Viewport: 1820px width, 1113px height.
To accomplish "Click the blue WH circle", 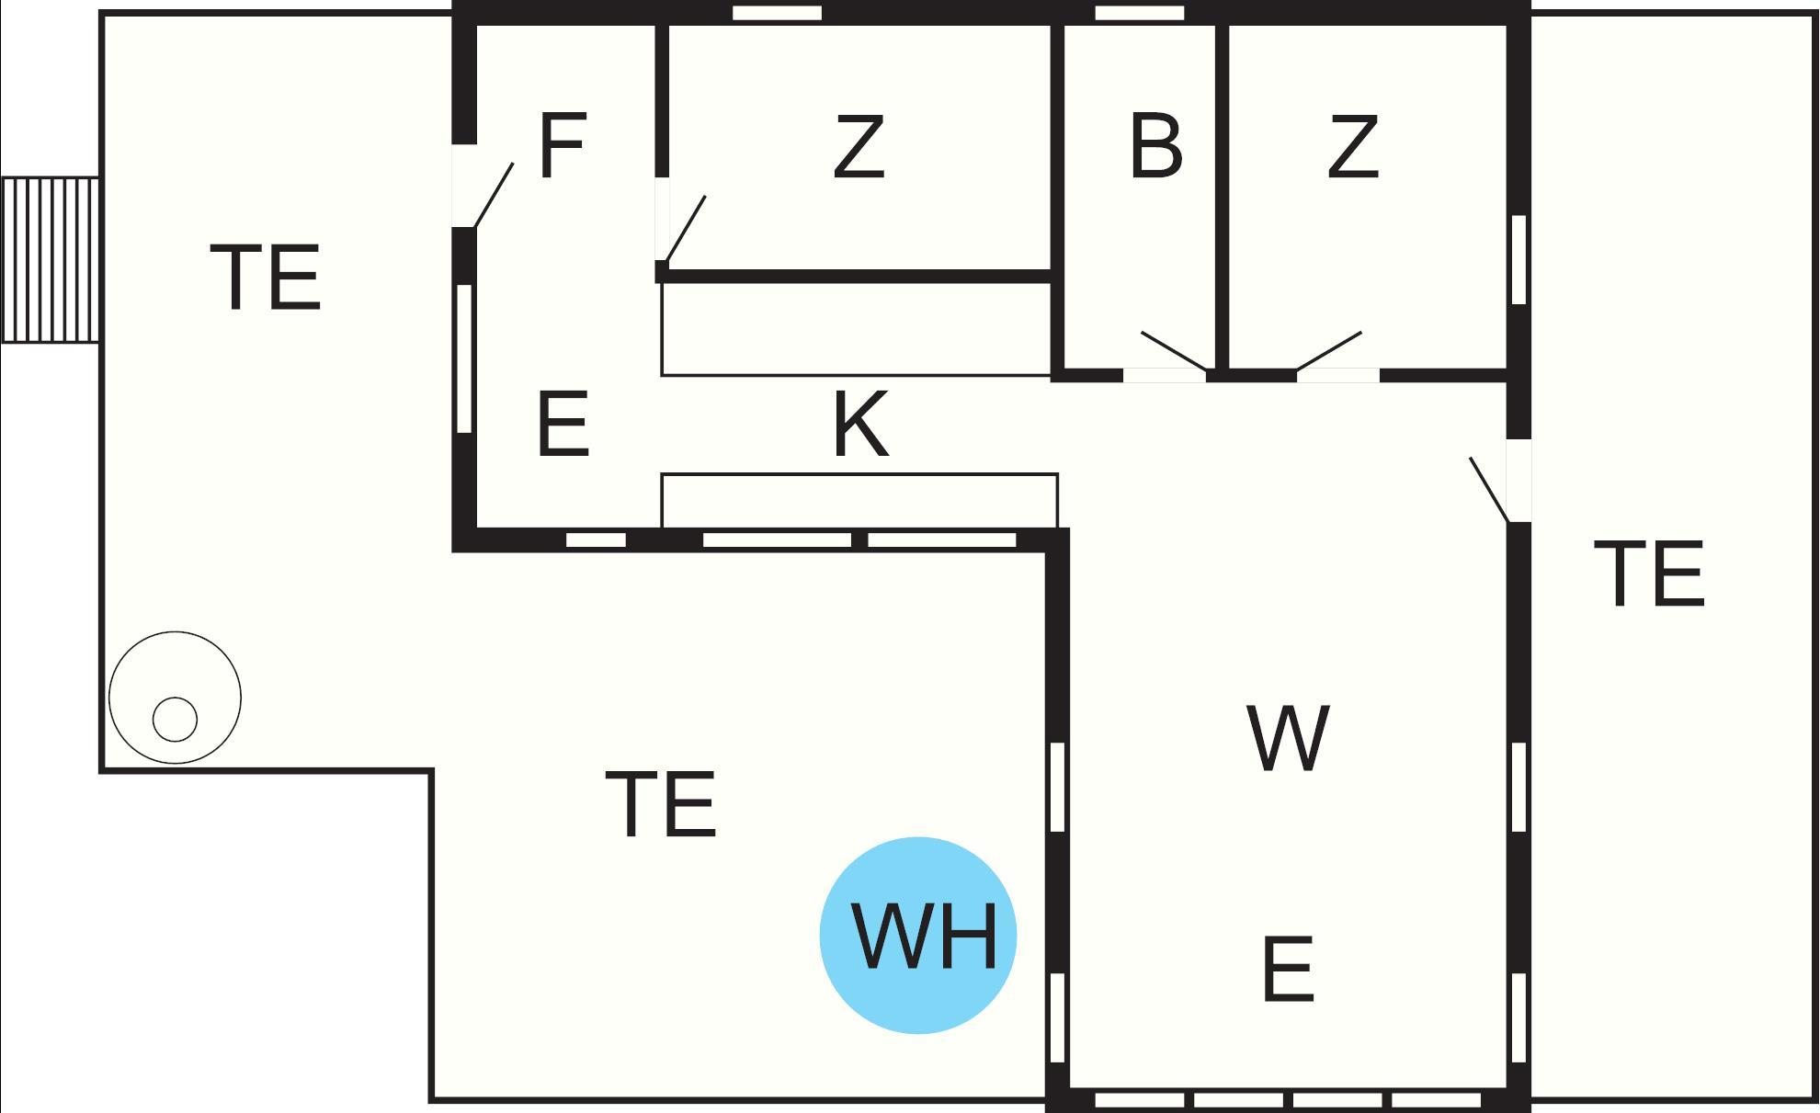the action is pyautogui.click(x=918, y=936).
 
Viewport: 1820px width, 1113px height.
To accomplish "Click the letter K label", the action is pyautogui.click(x=860, y=424).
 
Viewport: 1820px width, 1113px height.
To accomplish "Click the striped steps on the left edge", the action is pyautogui.click(x=50, y=260).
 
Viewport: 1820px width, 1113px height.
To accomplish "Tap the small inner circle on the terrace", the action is pyautogui.click(x=175, y=719).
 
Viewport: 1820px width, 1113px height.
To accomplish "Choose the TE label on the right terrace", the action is pyautogui.click(x=1650, y=574).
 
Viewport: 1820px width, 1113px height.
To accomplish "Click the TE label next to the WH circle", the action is pyautogui.click(x=661, y=804).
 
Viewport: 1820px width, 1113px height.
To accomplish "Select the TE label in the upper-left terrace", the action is pyautogui.click(x=266, y=277).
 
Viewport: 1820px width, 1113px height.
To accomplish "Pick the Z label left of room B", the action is pyautogui.click(x=859, y=146).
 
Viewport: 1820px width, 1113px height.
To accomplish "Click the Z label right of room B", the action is pyautogui.click(x=1353, y=146).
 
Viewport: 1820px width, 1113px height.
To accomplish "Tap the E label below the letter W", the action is pyautogui.click(x=1289, y=969).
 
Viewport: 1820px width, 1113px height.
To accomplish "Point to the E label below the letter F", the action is pyautogui.click(x=563, y=424).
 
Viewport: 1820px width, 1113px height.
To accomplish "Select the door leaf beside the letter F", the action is pyautogui.click(x=493, y=196).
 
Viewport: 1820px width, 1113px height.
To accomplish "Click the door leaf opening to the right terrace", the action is pyautogui.click(x=1489, y=490).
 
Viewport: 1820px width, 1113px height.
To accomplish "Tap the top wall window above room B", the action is pyautogui.click(x=1140, y=13).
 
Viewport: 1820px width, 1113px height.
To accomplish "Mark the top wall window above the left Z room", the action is pyautogui.click(x=777, y=13).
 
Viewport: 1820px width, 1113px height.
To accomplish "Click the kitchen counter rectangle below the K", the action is pyautogui.click(x=859, y=501).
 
